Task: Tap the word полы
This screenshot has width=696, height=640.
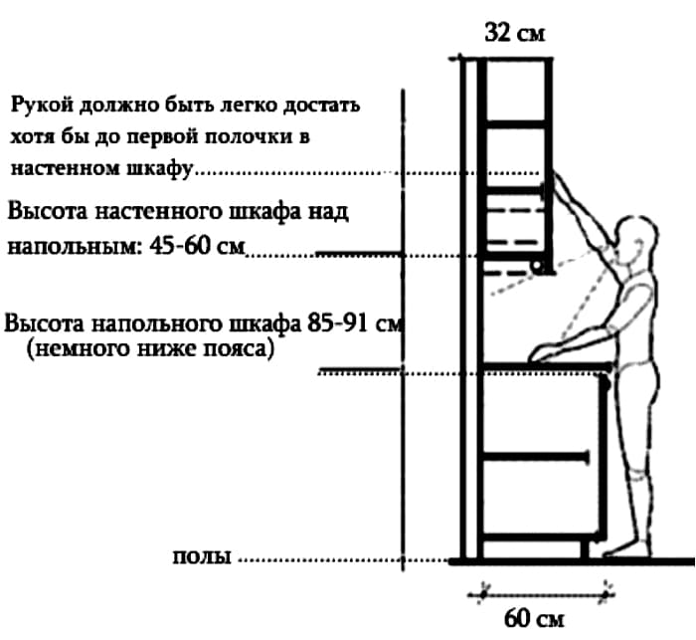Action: (x=202, y=556)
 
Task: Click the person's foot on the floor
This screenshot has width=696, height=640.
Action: (x=621, y=546)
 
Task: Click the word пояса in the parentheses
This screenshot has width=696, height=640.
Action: (x=244, y=349)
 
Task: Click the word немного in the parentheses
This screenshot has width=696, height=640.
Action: (x=68, y=349)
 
